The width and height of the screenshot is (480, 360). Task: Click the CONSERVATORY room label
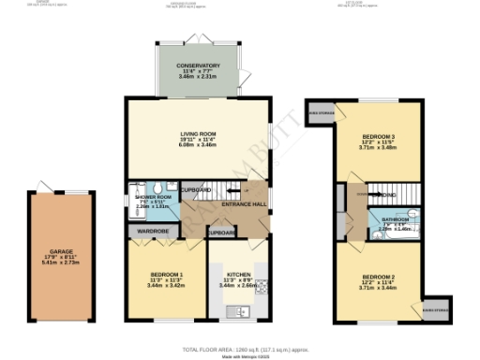(197, 66)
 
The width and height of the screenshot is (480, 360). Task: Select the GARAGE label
(61, 251)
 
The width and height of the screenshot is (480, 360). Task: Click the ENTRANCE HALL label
(240, 203)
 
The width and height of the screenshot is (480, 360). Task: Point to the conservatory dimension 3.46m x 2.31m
(197, 79)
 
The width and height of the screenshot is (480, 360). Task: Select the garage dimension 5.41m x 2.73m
(61, 264)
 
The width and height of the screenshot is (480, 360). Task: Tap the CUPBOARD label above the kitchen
(222, 231)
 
